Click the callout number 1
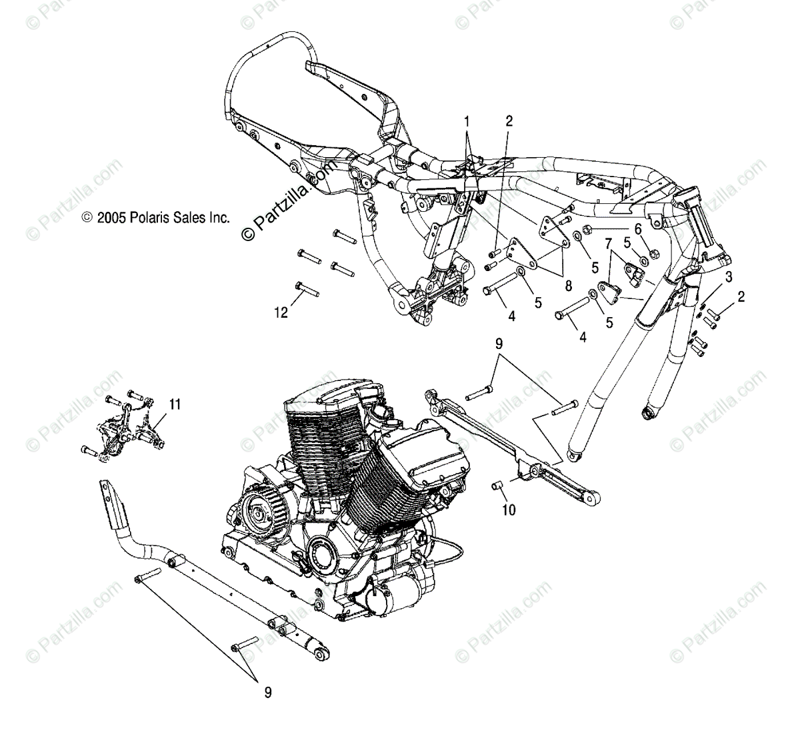coord(467,121)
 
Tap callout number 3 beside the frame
coord(711,276)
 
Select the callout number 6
coord(638,228)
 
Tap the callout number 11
coord(175,404)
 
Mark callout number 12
coord(282,312)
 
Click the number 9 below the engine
coord(267,693)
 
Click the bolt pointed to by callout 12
coord(307,289)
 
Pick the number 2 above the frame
coord(509,121)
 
